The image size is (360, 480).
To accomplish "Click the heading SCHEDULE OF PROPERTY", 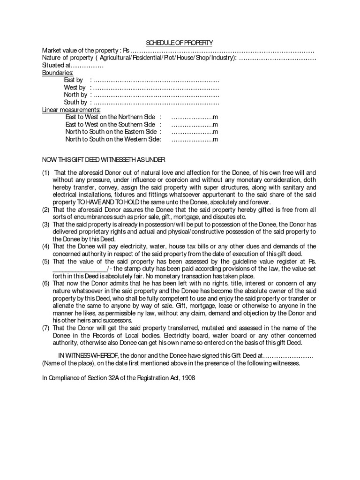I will [180, 43].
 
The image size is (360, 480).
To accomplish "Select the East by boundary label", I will [74, 80].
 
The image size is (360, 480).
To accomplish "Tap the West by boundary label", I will [75, 88].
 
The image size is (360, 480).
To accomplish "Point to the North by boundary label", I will [75, 95].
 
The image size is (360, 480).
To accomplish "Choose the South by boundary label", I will [75, 102].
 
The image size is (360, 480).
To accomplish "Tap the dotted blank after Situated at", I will [86, 66].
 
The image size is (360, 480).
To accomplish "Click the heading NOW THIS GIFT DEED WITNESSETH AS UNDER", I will [104, 159].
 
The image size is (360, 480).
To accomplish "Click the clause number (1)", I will [46, 173].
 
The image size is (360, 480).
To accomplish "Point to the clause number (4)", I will [46, 246].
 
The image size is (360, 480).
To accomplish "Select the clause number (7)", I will [46, 328].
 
